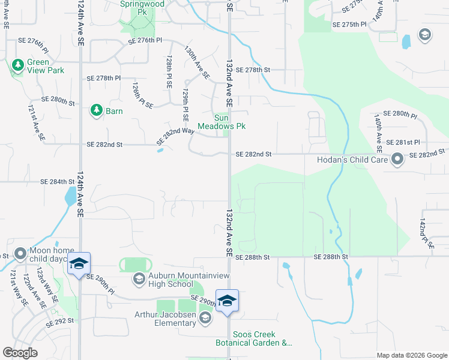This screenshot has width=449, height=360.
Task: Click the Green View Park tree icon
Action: [18, 64]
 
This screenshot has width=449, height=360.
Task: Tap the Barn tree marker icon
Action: [96, 110]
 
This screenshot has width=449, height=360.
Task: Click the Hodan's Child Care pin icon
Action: [397, 159]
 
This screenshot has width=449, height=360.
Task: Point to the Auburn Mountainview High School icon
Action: [139, 278]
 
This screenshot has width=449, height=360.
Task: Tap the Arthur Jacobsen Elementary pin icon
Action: [205, 317]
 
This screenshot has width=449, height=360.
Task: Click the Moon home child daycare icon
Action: [20, 254]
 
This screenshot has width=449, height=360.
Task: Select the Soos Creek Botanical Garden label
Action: [254, 338]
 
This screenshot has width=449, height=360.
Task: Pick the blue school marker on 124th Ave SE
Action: [79, 264]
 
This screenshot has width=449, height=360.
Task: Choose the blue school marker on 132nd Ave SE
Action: [228, 301]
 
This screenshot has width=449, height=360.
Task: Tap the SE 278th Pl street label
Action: [104, 78]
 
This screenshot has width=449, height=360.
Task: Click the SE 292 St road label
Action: [61, 320]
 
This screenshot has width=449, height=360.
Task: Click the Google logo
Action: [20, 353]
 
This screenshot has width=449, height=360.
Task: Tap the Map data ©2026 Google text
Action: [411, 355]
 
